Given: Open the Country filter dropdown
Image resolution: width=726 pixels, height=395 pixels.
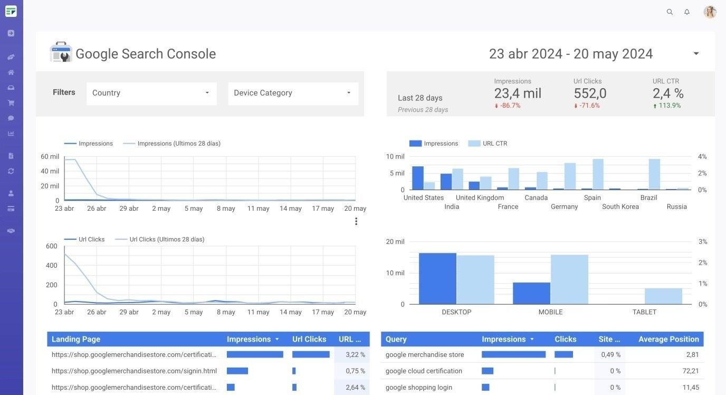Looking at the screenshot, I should click(x=151, y=93).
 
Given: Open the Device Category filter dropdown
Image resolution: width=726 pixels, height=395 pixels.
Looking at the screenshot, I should click(x=293, y=93).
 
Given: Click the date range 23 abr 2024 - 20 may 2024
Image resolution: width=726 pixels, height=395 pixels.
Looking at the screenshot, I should click(x=571, y=54).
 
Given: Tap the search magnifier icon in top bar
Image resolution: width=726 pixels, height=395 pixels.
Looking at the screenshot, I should click(x=670, y=12).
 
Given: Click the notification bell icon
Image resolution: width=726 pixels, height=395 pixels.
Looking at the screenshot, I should click(x=686, y=12).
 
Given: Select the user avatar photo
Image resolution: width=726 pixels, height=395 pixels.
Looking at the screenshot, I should click(x=710, y=12).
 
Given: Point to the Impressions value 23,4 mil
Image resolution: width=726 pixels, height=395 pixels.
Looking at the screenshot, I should click(x=518, y=93).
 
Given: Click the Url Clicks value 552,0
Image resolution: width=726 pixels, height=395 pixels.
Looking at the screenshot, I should click(x=590, y=93).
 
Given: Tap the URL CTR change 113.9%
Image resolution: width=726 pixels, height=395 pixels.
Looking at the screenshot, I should click(x=669, y=106).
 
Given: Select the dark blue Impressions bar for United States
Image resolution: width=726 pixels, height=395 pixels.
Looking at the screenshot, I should click(x=418, y=178).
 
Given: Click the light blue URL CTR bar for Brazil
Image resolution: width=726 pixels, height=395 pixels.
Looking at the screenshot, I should click(x=654, y=174).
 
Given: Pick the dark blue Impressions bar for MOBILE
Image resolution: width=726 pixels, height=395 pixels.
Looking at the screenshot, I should click(x=531, y=293).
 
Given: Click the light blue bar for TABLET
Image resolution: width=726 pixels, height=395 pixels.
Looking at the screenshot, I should click(x=663, y=296).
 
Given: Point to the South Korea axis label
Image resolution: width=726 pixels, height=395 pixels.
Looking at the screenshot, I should click(x=620, y=206).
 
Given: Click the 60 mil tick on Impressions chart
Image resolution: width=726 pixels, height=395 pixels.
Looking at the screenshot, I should click(x=50, y=157).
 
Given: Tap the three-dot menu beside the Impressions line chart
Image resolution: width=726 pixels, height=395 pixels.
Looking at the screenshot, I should click(x=356, y=221).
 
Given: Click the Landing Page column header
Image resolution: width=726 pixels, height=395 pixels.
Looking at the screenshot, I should click(x=76, y=339).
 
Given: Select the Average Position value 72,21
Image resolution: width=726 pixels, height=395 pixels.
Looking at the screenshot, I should click(x=690, y=371).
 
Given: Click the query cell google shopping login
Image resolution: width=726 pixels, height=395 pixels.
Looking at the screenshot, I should click(x=418, y=387).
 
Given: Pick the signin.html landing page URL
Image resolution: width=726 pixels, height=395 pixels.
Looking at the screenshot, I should click(x=134, y=371).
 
